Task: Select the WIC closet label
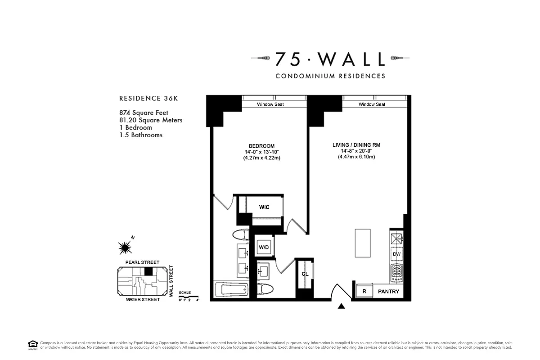(x=264, y=207)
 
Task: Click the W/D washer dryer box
(x=263, y=247)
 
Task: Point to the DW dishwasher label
(x=396, y=254)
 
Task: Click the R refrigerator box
(x=364, y=292)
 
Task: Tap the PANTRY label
(x=388, y=292)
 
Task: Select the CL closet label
(x=305, y=274)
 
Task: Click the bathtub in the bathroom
(x=231, y=290)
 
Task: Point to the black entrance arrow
(x=342, y=306)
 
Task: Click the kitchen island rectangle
(x=363, y=243)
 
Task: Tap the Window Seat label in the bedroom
(x=270, y=104)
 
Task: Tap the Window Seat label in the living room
(x=372, y=104)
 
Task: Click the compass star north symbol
(x=125, y=247)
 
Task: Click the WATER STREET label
(x=143, y=300)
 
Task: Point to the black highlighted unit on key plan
(x=148, y=271)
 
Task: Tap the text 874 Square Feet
(x=144, y=113)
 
